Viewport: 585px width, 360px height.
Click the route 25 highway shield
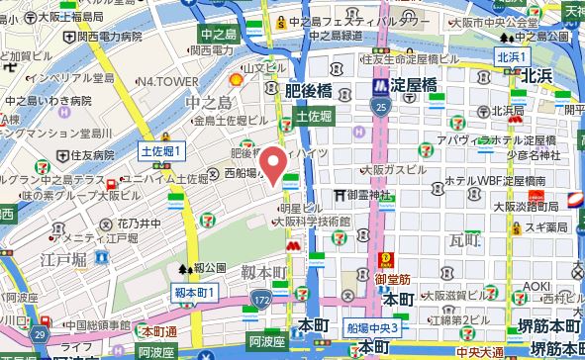[x=381, y=102]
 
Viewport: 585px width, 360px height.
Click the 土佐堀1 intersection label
[x=164, y=151]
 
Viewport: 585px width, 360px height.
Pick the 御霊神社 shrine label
[x=378, y=195]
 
